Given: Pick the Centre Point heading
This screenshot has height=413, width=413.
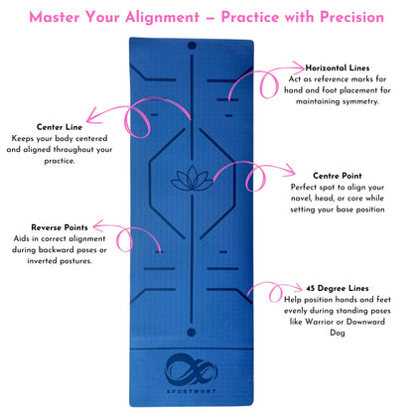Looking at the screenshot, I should pyautogui.click(x=331, y=175).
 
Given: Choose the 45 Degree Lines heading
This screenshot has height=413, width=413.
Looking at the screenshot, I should pyautogui.click(x=329, y=288).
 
